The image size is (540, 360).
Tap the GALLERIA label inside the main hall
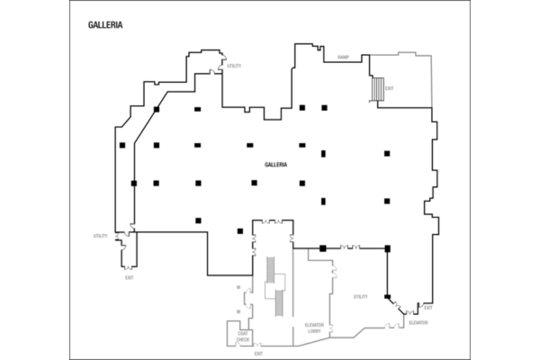coord(275,165)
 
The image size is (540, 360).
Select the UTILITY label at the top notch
coord(234,66)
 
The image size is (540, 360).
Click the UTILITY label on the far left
coord(100,236)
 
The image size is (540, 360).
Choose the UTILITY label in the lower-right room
coord(360,296)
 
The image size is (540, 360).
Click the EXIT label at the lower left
coord(130,277)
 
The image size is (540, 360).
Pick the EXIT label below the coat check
coord(257,352)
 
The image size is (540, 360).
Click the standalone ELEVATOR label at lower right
coord(418,322)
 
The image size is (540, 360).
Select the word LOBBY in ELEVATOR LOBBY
coord(314,330)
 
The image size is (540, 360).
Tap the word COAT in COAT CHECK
coord(243,334)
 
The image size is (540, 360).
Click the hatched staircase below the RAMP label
coord(378,90)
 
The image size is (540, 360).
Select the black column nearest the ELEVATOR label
coord(388,296)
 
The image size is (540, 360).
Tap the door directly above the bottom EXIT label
coord(258,344)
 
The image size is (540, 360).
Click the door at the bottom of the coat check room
coord(237,346)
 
